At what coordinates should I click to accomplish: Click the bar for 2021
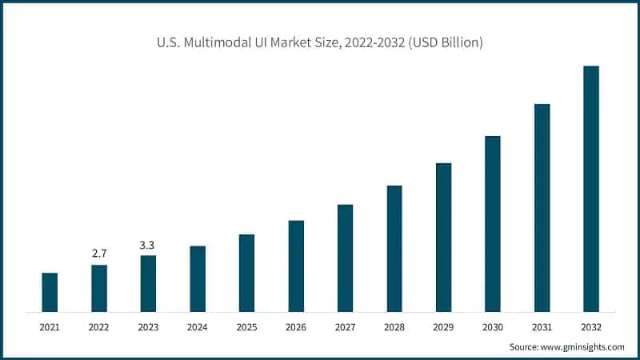click(50, 292)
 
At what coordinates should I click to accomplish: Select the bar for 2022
click(99, 288)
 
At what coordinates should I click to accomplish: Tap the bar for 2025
click(246, 273)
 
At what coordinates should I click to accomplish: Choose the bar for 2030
click(493, 223)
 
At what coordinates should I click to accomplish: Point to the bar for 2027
click(345, 258)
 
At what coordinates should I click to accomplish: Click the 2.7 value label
click(99, 254)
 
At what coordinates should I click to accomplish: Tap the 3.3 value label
click(148, 244)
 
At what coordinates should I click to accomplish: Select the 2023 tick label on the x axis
click(148, 327)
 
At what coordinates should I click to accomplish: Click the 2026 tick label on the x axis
click(296, 327)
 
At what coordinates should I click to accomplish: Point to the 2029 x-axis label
click(444, 327)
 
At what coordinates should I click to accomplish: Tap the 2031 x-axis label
click(542, 327)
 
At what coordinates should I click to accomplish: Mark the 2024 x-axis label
click(198, 327)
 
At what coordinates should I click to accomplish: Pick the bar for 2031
click(542, 207)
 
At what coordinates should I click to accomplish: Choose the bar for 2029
click(444, 237)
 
